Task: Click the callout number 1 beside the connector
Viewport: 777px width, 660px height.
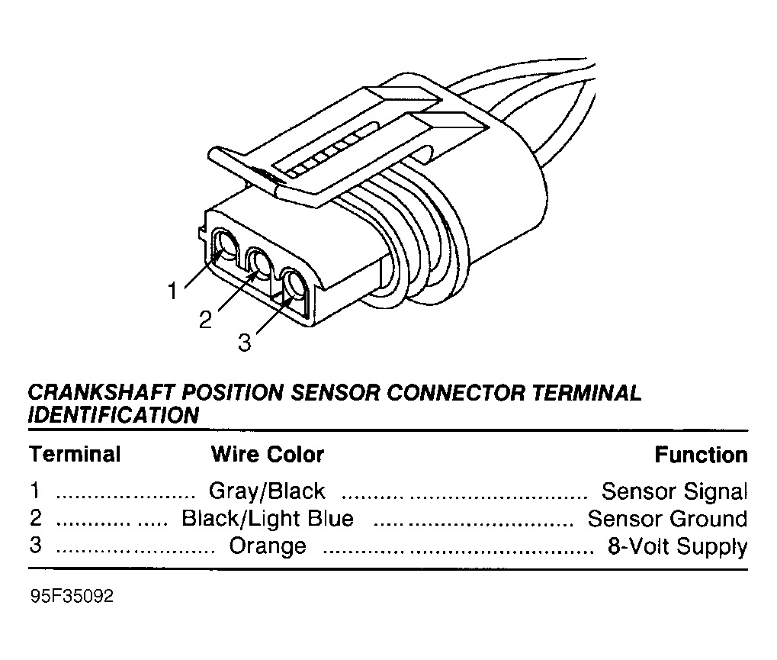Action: pyautogui.click(x=172, y=291)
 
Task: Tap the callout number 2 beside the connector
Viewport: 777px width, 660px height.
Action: pyautogui.click(x=205, y=320)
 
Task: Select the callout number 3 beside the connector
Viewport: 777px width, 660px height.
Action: pyautogui.click(x=245, y=342)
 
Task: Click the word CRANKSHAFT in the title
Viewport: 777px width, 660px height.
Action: pyautogui.click(x=101, y=393)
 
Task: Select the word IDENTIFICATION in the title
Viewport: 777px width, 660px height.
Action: pyautogui.click(x=114, y=415)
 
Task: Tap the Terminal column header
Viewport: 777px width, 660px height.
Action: pyautogui.click(x=75, y=454)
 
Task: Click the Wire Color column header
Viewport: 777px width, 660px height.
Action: pyautogui.click(x=268, y=454)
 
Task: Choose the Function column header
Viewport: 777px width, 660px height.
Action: pyautogui.click(x=702, y=455)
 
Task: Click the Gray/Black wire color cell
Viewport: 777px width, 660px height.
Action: pyautogui.click(x=267, y=491)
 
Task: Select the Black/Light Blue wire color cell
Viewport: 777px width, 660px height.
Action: pyautogui.click(x=268, y=518)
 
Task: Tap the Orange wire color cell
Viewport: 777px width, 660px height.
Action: pyautogui.click(x=268, y=546)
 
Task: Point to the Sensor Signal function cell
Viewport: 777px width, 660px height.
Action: pyautogui.click(x=674, y=491)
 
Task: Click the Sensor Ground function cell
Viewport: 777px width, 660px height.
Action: pyautogui.click(x=667, y=519)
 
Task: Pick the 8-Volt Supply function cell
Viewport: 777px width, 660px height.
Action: pyautogui.click(x=677, y=546)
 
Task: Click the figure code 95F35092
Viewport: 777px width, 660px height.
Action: pyautogui.click(x=72, y=596)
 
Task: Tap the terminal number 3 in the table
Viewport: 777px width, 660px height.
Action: pyautogui.click(x=35, y=545)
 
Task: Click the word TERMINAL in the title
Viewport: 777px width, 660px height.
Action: pyautogui.click(x=586, y=393)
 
